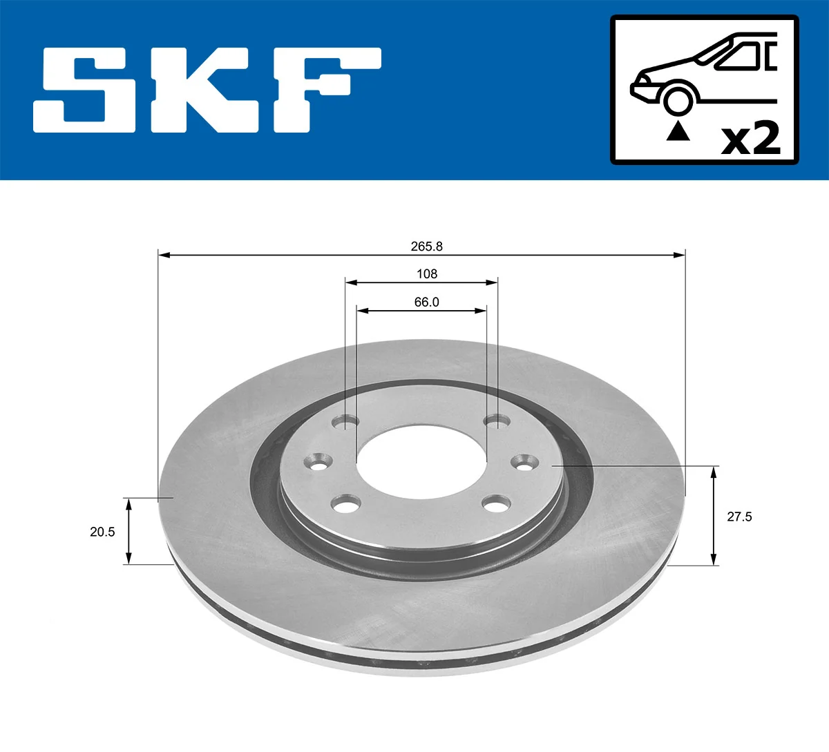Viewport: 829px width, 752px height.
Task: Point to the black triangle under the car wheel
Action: point(678,131)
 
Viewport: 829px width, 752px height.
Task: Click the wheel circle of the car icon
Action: point(677,99)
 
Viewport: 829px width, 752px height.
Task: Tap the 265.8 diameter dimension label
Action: point(426,247)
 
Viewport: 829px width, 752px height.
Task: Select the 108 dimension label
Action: point(427,274)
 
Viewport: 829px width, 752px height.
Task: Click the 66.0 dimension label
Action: point(426,302)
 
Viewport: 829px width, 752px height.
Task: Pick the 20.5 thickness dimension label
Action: point(102,532)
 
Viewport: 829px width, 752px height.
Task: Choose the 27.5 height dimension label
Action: point(739,517)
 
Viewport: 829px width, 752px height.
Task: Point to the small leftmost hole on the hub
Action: point(319,461)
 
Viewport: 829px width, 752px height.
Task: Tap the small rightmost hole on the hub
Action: point(524,461)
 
